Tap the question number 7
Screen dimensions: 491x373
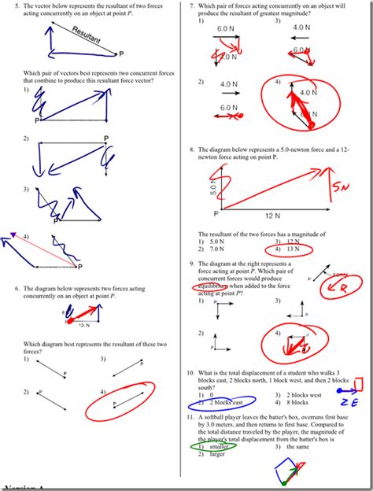[x=192, y=6]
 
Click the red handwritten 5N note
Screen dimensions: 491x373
[x=340, y=189]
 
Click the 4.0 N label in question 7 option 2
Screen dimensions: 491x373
[x=228, y=84]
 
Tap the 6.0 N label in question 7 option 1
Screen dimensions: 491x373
[x=227, y=28]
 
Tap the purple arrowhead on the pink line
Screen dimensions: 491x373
[x=12, y=234]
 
